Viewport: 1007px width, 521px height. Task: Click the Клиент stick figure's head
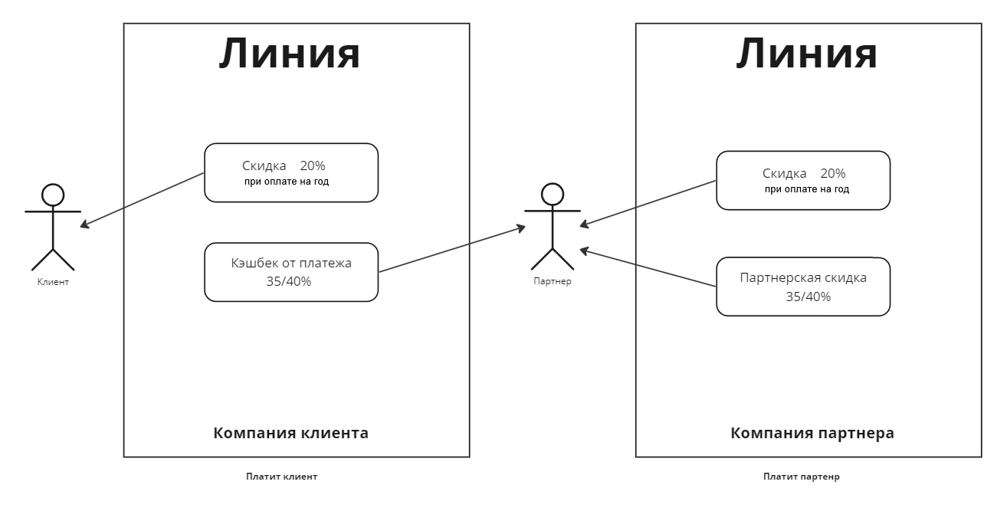pos(53,195)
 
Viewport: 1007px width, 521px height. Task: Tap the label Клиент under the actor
pos(53,282)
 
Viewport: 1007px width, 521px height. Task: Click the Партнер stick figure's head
pos(553,194)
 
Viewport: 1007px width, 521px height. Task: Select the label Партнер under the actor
pos(553,281)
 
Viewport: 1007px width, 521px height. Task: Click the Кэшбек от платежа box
pos(291,272)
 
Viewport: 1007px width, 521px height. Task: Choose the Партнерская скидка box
pos(803,287)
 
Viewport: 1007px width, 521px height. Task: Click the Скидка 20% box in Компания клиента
pos(291,172)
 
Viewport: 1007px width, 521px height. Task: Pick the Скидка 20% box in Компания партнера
pos(803,180)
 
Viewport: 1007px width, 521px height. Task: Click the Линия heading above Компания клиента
pos(290,54)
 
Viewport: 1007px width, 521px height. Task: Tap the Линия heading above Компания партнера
pos(807,54)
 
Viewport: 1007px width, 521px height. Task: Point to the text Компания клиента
pos(290,433)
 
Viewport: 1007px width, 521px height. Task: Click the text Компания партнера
pos(812,433)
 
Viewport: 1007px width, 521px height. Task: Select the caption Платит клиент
pos(281,477)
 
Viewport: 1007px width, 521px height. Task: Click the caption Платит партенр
pos(801,477)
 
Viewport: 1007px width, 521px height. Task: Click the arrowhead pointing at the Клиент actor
pos(84,225)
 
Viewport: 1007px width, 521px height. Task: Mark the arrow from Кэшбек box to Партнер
pos(452,249)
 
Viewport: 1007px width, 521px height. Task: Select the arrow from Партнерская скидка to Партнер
pos(648,267)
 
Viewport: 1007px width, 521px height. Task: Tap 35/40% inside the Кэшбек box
pos(288,281)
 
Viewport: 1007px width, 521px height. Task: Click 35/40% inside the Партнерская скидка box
pos(808,297)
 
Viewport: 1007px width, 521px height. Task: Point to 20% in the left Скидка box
pos(313,165)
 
